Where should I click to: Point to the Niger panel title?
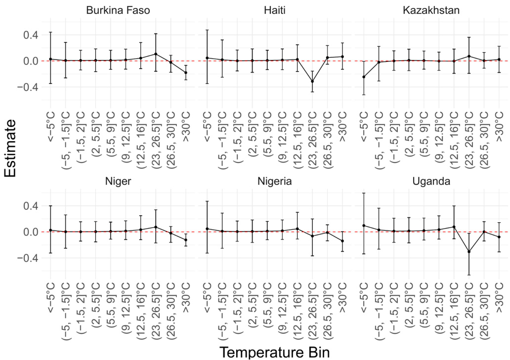point(119,181)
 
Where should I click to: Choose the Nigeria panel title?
point(274,181)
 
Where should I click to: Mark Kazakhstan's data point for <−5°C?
point(364,77)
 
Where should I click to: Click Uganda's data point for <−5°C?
point(364,225)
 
